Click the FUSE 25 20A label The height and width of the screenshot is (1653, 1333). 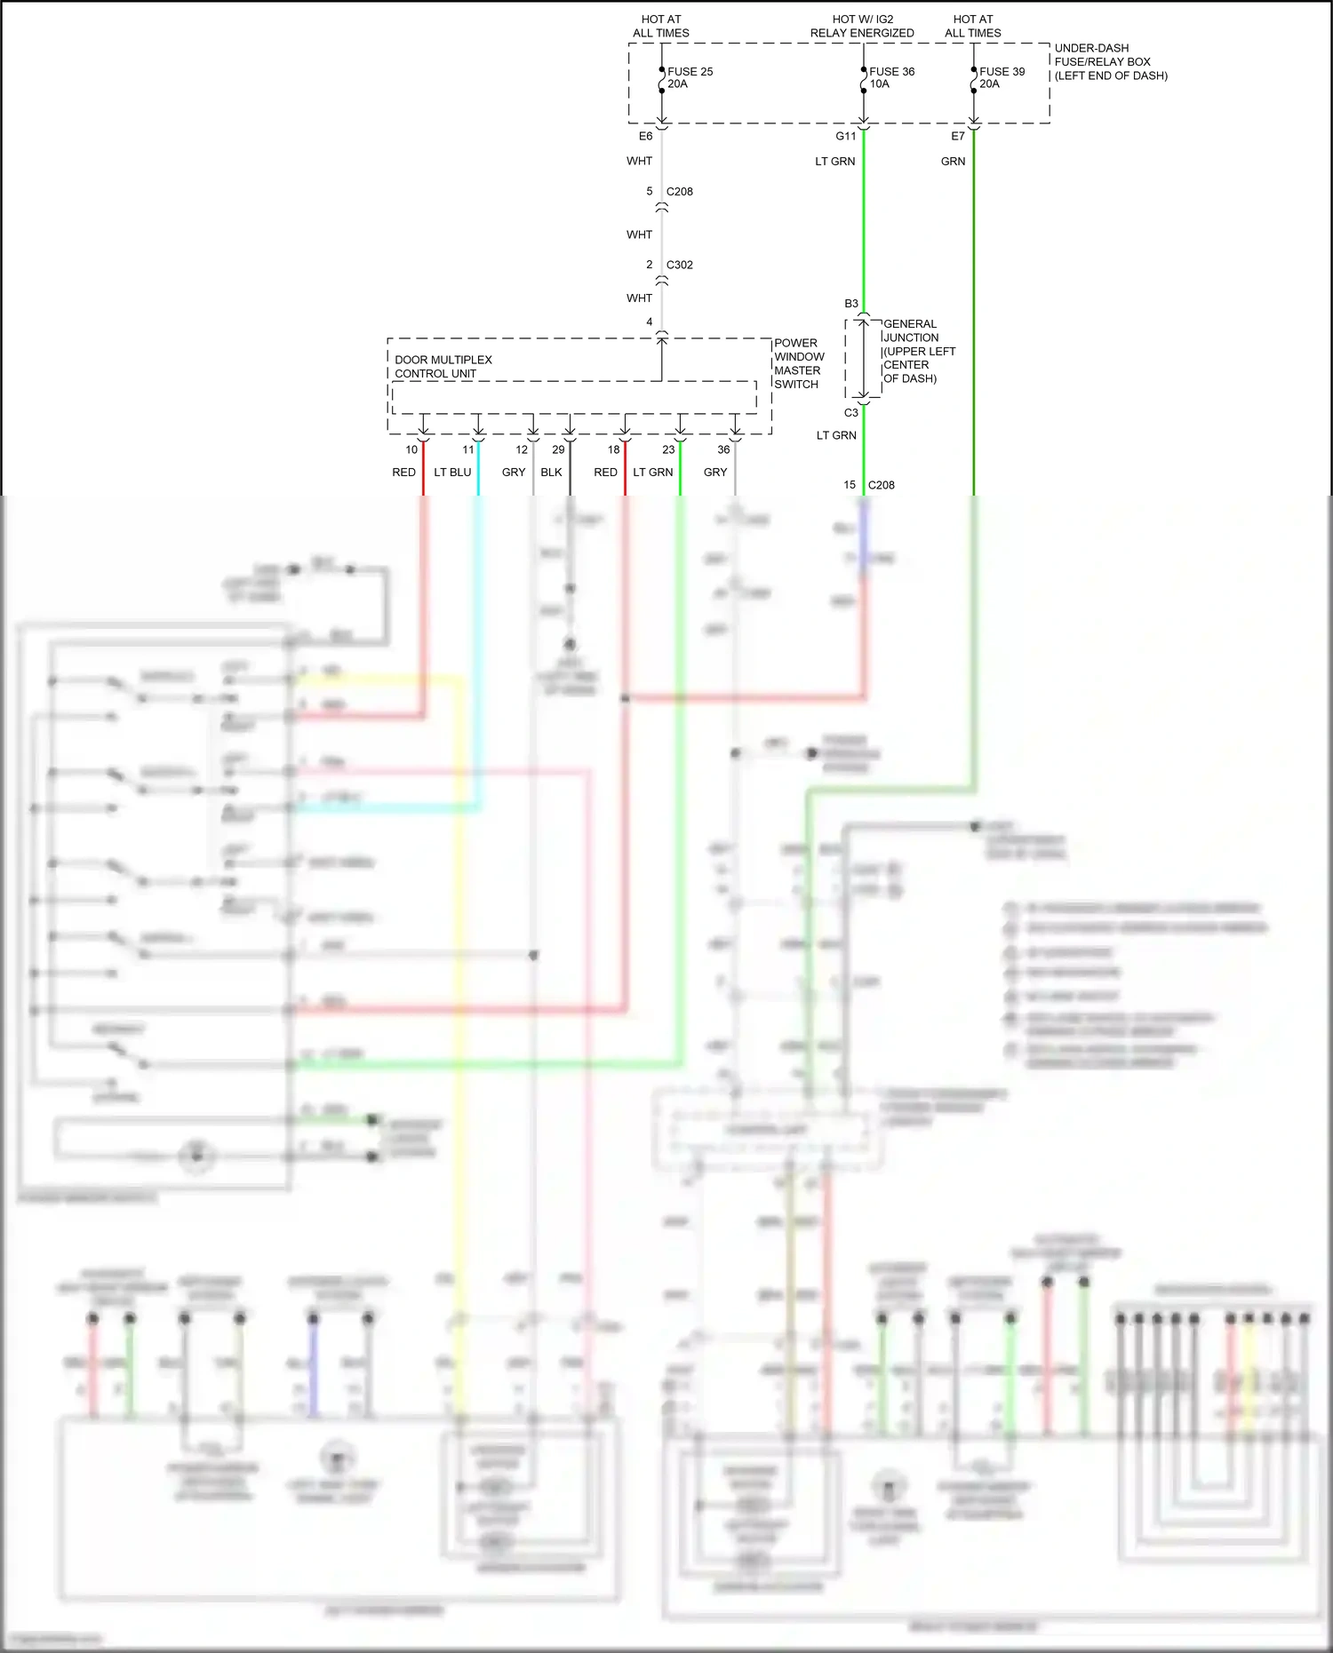click(690, 78)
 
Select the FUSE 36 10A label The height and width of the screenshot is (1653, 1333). click(890, 78)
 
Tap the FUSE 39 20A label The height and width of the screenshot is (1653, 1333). click(1002, 78)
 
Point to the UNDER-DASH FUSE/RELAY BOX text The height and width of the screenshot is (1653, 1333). click(1110, 62)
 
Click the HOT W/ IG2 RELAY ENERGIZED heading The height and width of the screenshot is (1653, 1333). click(861, 26)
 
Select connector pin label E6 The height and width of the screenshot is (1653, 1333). click(645, 136)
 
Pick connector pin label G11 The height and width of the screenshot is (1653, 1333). click(845, 136)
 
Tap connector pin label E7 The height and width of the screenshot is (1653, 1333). click(957, 136)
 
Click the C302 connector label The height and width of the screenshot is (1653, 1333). click(679, 265)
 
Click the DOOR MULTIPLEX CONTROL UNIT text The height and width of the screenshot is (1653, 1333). click(443, 367)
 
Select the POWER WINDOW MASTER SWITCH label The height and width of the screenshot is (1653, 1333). click(798, 363)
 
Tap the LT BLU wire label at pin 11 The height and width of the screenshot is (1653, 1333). click(452, 473)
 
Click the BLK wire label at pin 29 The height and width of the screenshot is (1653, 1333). click(551, 473)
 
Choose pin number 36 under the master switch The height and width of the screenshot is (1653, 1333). click(723, 449)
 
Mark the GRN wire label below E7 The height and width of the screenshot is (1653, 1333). click(953, 162)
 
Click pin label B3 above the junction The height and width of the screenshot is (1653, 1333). click(851, 304)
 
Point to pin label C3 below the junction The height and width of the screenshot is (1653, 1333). click(851, 413)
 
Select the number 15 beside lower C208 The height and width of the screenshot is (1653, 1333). click(850, 485)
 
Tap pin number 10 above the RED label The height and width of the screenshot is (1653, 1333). click(411, 449)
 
